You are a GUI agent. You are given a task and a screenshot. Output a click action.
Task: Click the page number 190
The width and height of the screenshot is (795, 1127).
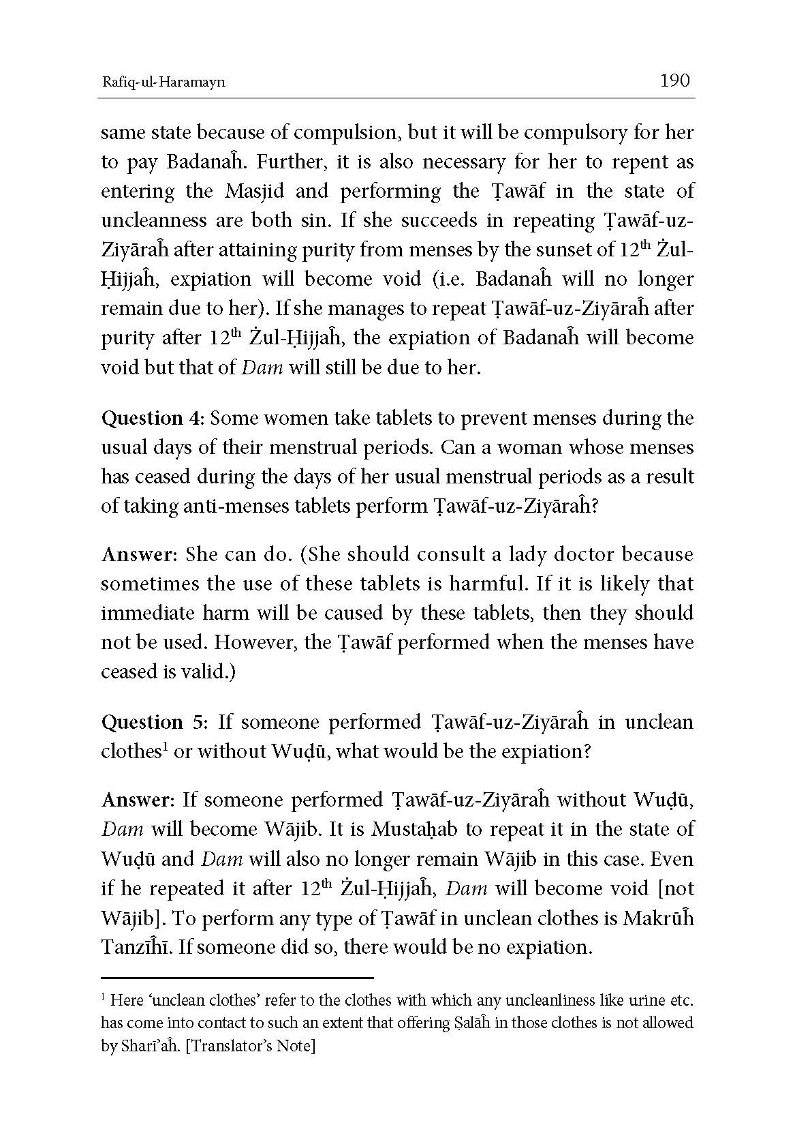point(675,81)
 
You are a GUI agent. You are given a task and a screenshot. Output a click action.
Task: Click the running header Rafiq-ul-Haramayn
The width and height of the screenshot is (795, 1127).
point(163,82)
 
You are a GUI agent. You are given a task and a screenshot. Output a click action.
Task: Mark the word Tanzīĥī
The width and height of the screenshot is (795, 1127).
point(134,947)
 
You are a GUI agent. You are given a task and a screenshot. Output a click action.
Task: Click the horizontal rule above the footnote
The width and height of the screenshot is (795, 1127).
point(237,977)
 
